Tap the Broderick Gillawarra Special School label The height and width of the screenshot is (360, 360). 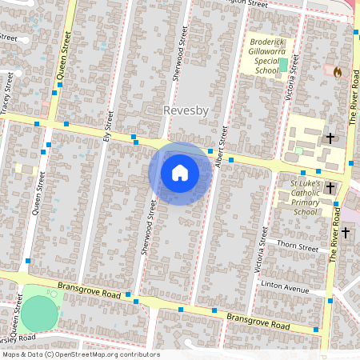(269, 55)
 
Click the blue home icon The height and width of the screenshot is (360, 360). (180, 173)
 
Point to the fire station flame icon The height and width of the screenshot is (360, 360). (338, 72)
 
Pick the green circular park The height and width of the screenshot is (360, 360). (39, 313)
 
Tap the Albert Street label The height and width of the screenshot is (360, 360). (221, 143)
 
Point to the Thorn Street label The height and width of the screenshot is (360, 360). (298, 247)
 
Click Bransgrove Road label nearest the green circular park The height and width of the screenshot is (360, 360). (89, 290)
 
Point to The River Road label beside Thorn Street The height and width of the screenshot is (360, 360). (334, 240)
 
